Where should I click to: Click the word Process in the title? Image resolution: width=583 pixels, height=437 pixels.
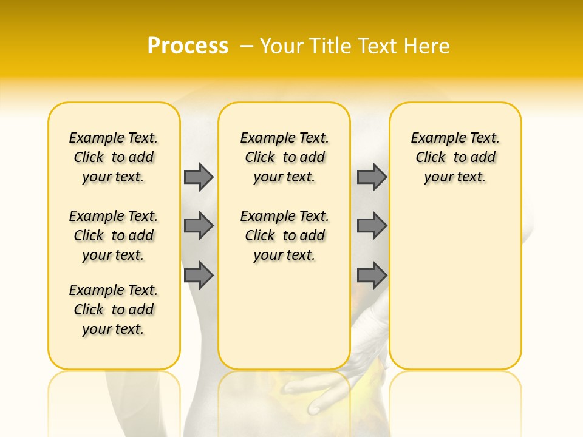tap(188, 46)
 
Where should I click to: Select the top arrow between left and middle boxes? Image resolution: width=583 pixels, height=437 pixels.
tap(199, 177)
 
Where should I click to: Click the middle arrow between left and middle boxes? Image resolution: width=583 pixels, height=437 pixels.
tap(199, 226)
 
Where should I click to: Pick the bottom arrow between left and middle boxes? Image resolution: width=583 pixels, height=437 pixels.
tap(199, 275)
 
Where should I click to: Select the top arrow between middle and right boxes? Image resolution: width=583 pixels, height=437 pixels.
tap(372, 177)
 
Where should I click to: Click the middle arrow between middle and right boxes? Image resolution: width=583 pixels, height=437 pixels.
tap(372, 226)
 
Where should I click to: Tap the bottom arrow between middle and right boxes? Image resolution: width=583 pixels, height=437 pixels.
tap(372, 275)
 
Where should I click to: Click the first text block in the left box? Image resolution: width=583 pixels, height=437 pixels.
tap(114, 157)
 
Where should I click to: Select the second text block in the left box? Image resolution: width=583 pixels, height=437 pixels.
tap(114, 235)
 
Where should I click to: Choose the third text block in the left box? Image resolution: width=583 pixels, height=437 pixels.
tap(114, 310)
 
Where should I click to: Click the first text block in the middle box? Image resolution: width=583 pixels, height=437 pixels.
tap(284, 157)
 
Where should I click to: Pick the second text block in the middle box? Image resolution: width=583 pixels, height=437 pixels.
tap(284, 235)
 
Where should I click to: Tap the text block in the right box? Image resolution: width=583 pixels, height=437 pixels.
tap(455, 157)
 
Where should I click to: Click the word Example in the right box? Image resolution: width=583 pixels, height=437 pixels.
tap(434, 138)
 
